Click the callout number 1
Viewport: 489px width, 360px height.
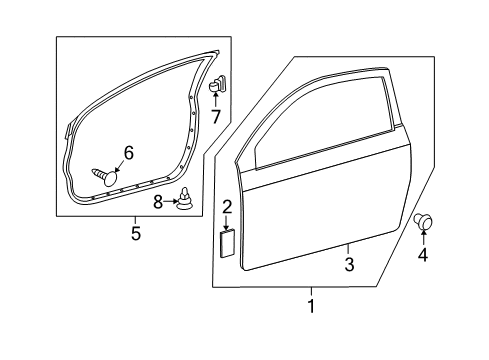tap(311, 306)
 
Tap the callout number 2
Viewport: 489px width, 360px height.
tap(227, 207)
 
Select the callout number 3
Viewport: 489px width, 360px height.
tap(349, 264)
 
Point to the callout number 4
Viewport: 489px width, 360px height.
tap(423, 255)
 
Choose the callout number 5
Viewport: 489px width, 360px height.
tap(136, 233)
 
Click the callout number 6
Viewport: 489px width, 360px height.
tap(128, 153)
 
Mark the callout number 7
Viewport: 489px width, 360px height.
tap(216, 117)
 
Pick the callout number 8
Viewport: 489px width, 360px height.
tap(158, 202)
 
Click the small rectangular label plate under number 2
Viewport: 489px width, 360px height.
tap(227, 243)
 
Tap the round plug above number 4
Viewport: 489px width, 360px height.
tap(423, 221)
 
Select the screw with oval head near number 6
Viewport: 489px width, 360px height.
tap(105, 177)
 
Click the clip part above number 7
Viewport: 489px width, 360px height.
tap(217, 83)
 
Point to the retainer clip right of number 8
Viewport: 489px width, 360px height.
tap(185, 200)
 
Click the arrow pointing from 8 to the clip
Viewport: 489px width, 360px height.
tap(171, 201)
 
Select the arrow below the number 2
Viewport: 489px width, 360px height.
tap(226, 223)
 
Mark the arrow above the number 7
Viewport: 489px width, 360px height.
tap(215, 99)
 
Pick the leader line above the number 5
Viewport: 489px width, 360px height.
tap(135, 220)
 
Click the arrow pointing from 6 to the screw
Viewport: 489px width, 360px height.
tap(120, 165)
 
